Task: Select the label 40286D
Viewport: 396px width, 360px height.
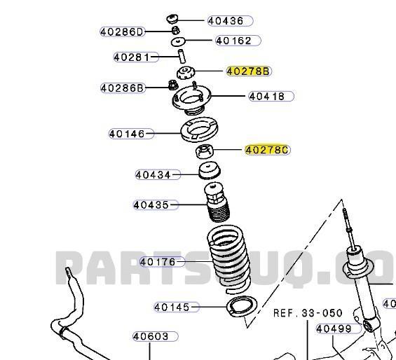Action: point(122,32)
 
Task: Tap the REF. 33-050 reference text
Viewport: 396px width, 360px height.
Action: point(308,313)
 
